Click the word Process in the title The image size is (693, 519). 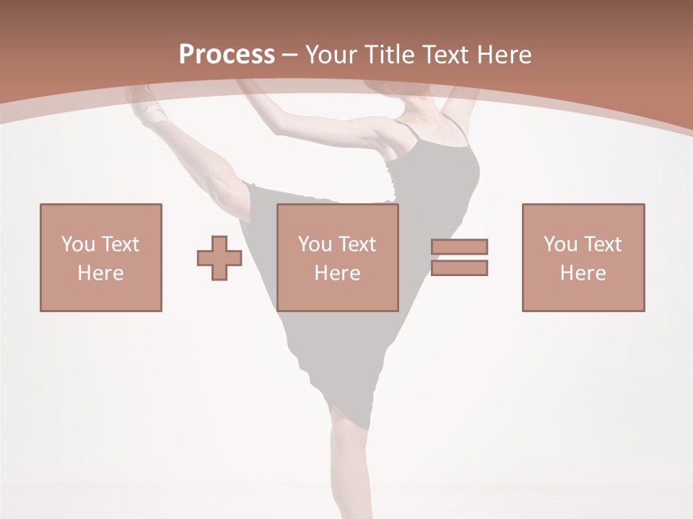point(227,55)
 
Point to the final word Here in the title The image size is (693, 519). point(505,55)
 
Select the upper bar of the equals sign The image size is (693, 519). point(459,247)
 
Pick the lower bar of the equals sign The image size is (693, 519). point(459,268)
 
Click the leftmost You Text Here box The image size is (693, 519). point(100,257)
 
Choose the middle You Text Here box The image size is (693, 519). point(338,257)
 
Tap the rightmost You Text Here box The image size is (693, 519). point(583,257)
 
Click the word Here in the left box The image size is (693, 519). point(100,273)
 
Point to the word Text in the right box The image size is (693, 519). point(603,244)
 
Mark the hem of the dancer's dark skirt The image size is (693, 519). point(339,404)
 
